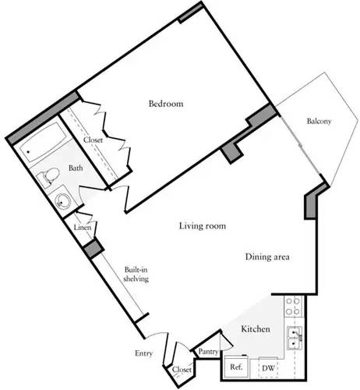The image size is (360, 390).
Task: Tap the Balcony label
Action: (x=319, y=122)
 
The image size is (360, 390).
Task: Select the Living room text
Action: (x=203, y=226)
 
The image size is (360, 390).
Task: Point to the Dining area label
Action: (x=268, y=257)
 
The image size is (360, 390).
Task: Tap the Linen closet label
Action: (x=82, y=227)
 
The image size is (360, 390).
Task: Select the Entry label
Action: (x=143, y=354)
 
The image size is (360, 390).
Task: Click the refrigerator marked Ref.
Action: (x=235, y=367)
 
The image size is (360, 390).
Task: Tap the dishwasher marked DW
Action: (x=267, y=367)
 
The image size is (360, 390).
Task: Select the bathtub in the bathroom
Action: (x=40, y=149)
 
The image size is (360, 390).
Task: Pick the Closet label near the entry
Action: (x=182, y=370)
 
